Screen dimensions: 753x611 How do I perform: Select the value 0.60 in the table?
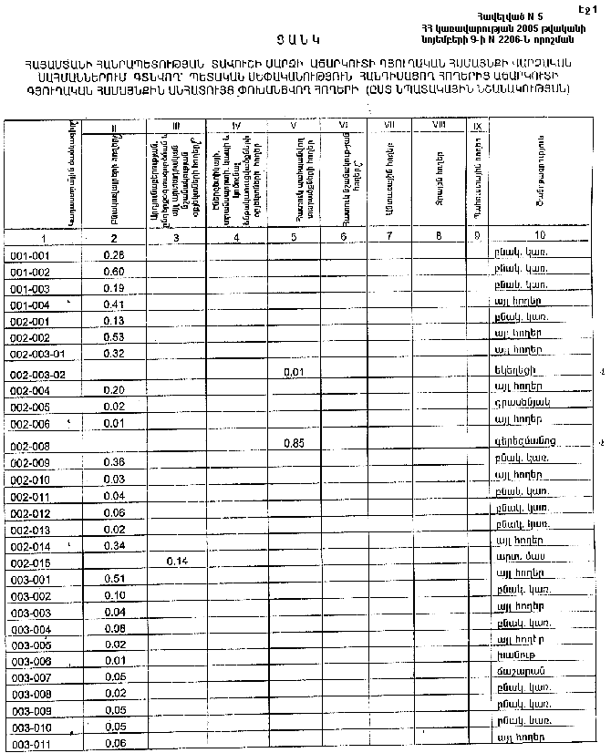pos(114,273)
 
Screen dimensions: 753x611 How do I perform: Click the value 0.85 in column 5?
pos(294,443)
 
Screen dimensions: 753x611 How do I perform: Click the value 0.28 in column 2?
pos(114,255)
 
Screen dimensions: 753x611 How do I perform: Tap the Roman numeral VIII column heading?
pos(439,125)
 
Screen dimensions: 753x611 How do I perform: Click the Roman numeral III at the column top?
pos(176,125)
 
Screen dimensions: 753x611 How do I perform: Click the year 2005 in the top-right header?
pos(504,29)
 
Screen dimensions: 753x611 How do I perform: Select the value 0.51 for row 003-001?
pos(114,579)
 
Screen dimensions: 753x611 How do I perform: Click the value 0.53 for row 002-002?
pos(114,337)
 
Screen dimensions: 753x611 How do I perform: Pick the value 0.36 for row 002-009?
pos(114,462)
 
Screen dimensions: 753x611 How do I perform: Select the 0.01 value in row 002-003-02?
pos(294,372)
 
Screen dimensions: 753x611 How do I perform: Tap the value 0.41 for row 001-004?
pos(114,304)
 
